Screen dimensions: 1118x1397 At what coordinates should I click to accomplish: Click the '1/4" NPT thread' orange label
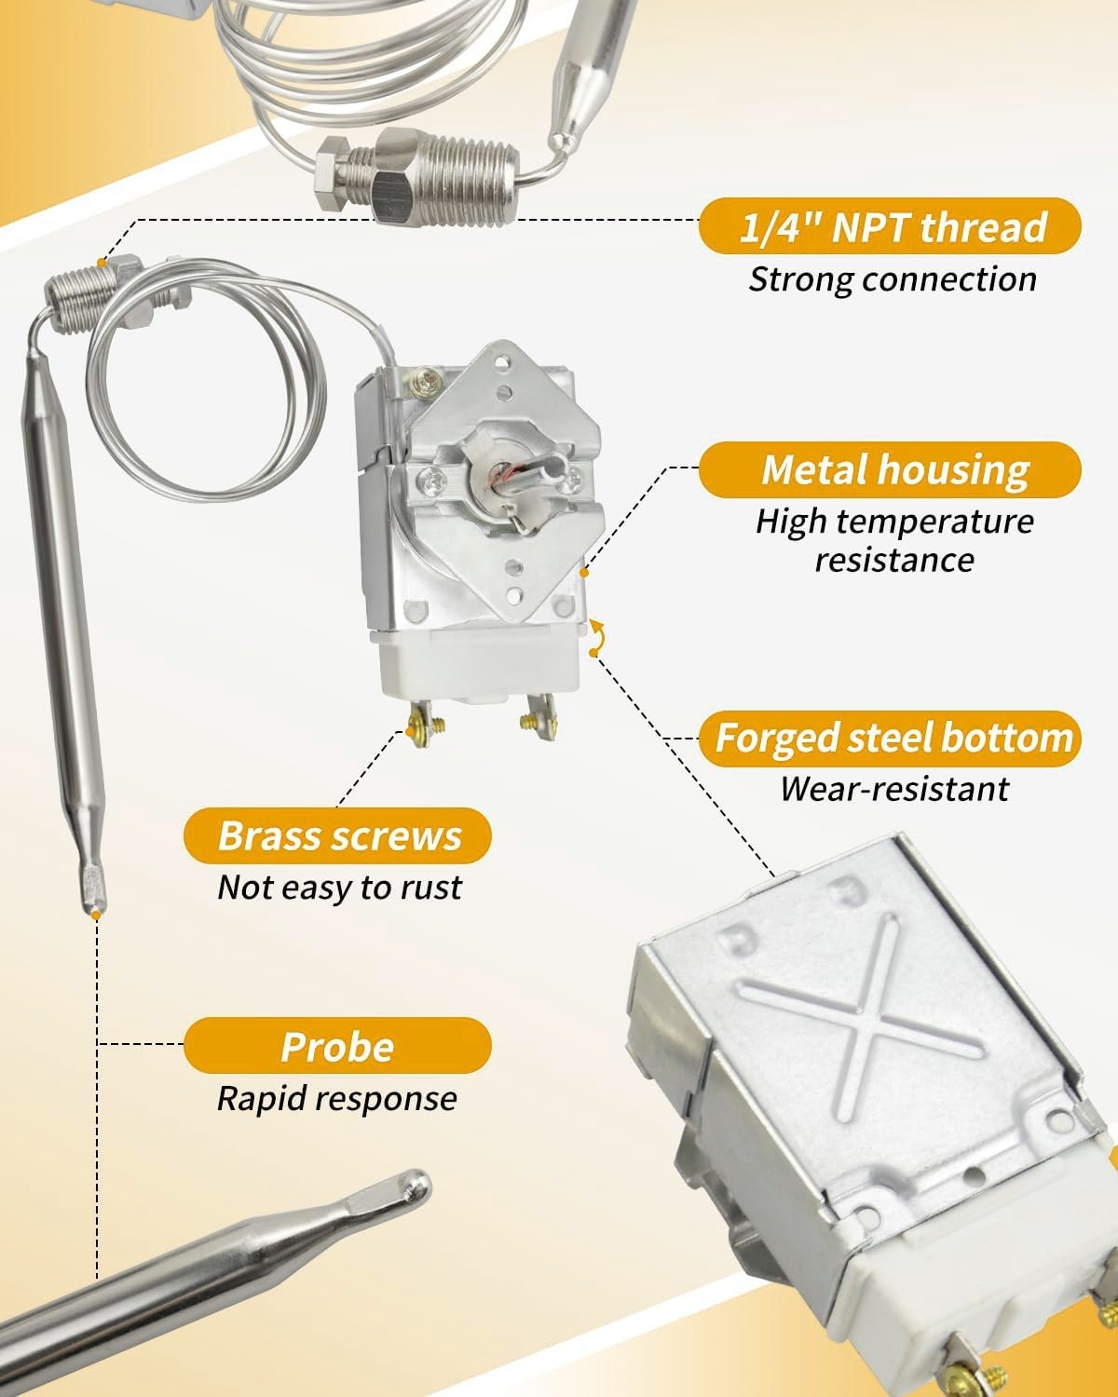890,226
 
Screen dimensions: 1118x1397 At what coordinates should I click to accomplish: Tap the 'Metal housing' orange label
890,469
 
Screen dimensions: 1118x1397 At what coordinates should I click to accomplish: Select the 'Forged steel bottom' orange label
890,739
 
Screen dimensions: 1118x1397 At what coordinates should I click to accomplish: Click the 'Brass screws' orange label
337,835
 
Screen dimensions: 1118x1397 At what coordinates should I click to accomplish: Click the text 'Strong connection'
892,279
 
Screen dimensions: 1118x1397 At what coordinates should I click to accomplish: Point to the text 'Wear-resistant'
893,789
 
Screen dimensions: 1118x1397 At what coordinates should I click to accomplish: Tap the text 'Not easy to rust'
339,888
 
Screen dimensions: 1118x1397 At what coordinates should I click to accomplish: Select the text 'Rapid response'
336,1098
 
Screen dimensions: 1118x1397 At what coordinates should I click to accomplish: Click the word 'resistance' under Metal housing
893,560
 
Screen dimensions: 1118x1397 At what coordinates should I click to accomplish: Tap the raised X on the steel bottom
861,1021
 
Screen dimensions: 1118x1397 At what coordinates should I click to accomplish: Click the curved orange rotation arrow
596,637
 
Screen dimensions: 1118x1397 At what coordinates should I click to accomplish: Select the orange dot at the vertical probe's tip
95,915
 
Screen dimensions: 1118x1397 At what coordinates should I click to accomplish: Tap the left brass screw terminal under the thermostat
424,723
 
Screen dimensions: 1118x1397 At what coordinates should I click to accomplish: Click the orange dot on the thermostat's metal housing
584,573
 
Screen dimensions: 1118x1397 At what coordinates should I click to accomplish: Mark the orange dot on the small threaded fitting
102,263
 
